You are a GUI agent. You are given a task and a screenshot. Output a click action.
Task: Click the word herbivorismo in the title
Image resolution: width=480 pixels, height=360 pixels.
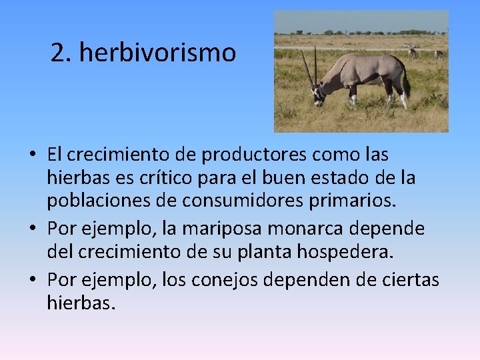click(x=157, y=53)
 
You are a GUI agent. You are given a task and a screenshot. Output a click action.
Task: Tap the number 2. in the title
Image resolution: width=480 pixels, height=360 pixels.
click(x=61, y=53)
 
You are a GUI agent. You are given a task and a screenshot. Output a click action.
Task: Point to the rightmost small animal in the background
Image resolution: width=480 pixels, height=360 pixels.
click(x=438, y=54)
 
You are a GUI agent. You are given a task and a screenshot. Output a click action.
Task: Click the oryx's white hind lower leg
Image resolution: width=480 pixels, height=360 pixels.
click(x=403, y=101)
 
